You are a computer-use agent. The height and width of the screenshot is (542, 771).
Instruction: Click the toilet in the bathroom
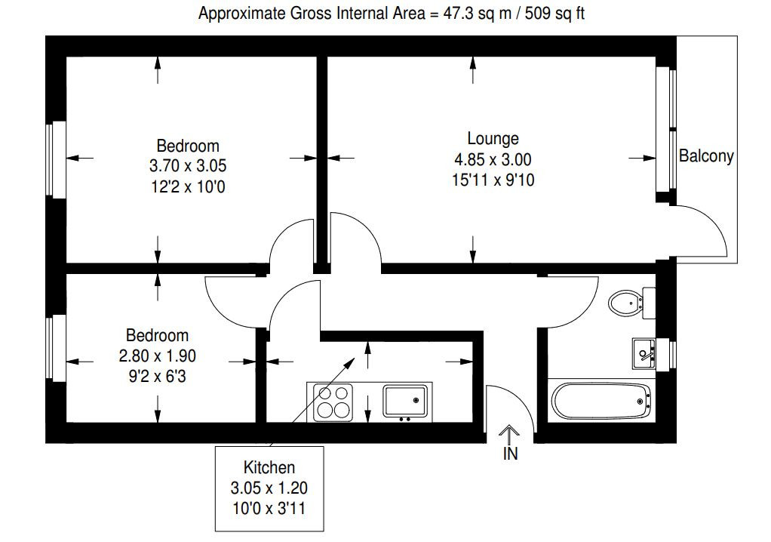click(631, 303)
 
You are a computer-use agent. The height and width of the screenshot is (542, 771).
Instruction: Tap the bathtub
click(601, 401)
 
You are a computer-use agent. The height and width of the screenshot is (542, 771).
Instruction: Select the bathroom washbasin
click(644, 353)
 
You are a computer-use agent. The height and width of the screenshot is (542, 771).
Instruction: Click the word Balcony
click(706, 156)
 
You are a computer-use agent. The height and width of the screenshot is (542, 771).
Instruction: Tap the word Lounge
click(493, 139)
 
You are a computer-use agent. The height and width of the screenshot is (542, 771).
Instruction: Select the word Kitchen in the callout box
click(269, 467)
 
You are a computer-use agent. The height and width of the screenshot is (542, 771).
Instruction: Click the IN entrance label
click(511, 454)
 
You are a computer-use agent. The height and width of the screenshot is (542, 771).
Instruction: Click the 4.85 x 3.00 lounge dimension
click(493, 159)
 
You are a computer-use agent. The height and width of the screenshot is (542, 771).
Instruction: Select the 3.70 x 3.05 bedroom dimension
click(188, 166)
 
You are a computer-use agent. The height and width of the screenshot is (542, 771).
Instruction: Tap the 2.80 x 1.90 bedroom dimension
click(158, 356)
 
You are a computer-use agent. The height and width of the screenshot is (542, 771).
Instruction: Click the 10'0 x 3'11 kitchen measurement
click(269, 508)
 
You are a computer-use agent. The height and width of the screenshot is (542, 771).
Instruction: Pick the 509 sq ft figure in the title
click(554, 14)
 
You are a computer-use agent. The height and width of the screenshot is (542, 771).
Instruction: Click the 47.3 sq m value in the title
click(478, 14)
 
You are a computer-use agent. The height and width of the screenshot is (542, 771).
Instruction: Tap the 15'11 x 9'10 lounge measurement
click(493, 180)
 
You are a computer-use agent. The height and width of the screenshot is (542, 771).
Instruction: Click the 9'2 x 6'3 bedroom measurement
click(158, 377)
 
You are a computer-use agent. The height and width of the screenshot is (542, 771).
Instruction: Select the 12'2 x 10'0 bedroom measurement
click(188, 187)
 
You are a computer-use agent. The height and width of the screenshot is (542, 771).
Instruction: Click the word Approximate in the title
click(241, 14)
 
